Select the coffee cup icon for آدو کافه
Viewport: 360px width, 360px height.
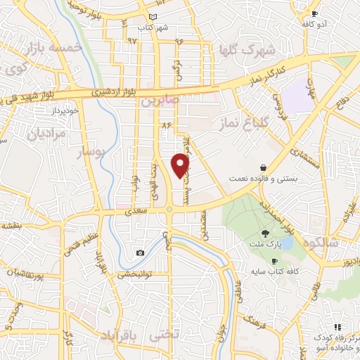coord(314,13)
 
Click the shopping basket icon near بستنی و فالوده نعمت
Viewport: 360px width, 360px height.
coord(263,168)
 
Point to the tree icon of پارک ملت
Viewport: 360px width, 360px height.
coord(265,233)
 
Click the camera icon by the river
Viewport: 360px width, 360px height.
coord(141,252)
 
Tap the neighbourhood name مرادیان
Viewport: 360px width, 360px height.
coord(48,133)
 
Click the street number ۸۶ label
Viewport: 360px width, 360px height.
coord(167,124)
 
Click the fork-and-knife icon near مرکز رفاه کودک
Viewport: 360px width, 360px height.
coord(338,327)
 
